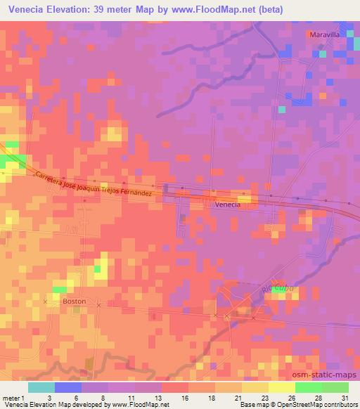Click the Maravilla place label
(x=324, y=33)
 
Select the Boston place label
(x=74, y=301)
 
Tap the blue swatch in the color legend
(x=67, y=387)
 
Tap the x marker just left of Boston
(x=46, y=301)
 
